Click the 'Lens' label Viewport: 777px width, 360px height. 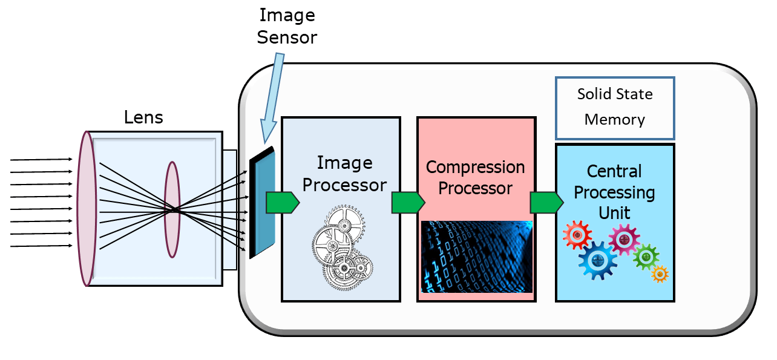click(x=143, y=117)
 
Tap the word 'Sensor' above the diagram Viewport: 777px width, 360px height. click(x=287, y=37)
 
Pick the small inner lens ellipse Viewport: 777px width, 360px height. click(x=172, y=209)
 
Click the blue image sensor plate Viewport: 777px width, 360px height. click(x=265, y=203)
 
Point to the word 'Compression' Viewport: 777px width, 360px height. click(x=475, y=167)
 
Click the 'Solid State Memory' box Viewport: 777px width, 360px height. click(x=614, y=108)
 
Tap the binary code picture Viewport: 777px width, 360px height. click(x=476, y=257)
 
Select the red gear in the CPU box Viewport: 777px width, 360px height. click(x=577, y=235)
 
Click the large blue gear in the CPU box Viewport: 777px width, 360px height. click(x=598, y=260)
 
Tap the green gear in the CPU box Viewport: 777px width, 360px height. click(x=646, y=257)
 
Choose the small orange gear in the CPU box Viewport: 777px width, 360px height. click(x=659, y=274)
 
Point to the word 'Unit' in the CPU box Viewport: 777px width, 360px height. click(x=614, y=213)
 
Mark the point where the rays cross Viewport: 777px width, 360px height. click(x=174, y=210)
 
